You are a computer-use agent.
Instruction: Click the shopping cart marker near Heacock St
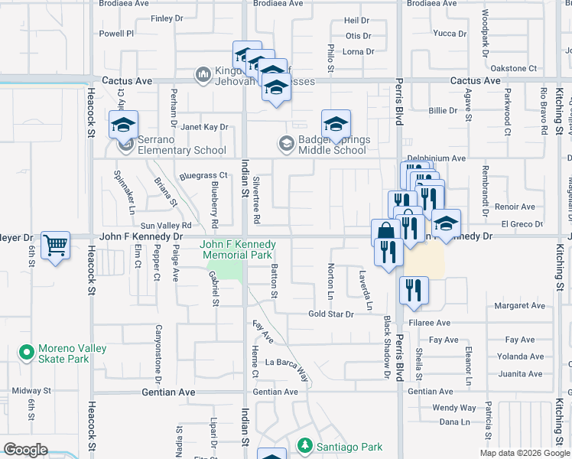[x=55, y=246]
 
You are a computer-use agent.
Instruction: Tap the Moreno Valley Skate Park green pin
[x=28, y=353]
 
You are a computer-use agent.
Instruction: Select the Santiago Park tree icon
[x=304, y=445]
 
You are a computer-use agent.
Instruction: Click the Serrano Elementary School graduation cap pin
[x=122, y=125]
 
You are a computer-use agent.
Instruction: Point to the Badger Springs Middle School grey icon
[x=286, y=143]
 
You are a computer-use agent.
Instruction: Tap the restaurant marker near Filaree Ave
[x=414, y=291]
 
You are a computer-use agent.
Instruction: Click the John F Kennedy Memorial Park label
[x=237, y=249]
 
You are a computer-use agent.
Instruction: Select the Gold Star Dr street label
[x=330, y=314]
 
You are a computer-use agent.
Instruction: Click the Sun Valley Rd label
[x=165, y=226]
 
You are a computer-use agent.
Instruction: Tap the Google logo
[x=25, y=450]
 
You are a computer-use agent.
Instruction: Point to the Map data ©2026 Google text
[x=524, y=453]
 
